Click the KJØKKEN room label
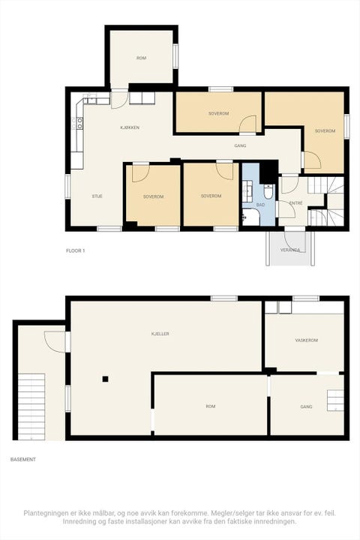(130, 127)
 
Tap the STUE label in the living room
(97, 196)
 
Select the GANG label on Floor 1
(240, 145)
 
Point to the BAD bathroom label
(260, 205)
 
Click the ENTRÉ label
(296, 203)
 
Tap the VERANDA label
(290, 250)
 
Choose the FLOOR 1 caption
(76, 250)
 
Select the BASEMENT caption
(23, 460)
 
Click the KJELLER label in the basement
(160, 334)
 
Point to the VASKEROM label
(306, 340)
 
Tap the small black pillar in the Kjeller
(105, 379)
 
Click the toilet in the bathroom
(268, 191)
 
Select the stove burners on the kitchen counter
(80, 123)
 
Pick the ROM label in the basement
(211, 406)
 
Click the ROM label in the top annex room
(141, 58)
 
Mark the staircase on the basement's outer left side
(31, 406)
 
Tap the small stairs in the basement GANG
(335, 400)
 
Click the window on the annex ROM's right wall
(175, 56)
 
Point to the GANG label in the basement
(306, 406)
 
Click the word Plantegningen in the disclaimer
(44, 513)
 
